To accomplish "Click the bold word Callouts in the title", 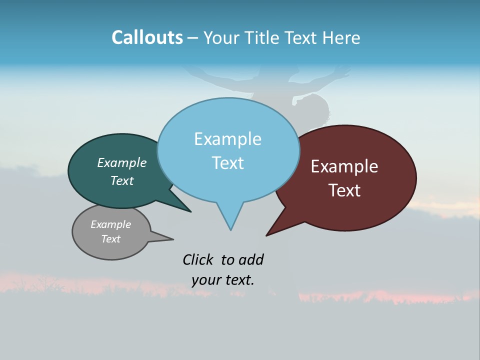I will coord(147,38).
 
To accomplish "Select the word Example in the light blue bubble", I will coord(227,139).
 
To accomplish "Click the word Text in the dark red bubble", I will coord(344,190).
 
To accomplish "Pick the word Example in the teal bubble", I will coord(121,163).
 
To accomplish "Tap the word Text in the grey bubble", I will coord(111,239).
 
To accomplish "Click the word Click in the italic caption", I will coord(197,259).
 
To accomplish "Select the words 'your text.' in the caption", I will coord(223,280).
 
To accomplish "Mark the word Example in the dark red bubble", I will coord(344,166).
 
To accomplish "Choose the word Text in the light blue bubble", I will coord(227,163).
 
